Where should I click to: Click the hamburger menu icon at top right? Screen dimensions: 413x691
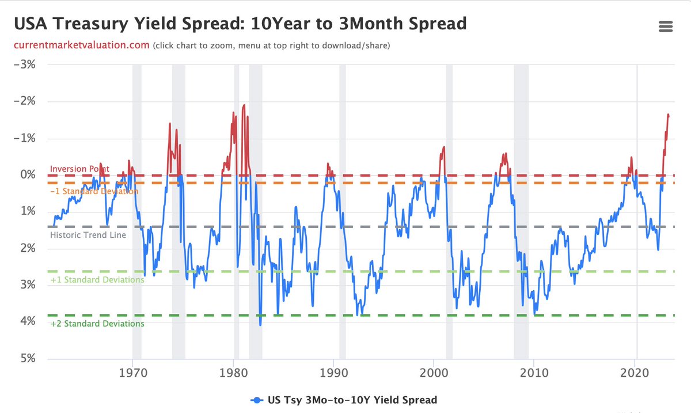[x=666, y=26]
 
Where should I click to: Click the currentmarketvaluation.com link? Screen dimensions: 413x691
[x=82, y=46]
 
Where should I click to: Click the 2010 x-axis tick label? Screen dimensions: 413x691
[x=534, y=373]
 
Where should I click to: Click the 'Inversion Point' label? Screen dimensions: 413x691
[x=79, y=169]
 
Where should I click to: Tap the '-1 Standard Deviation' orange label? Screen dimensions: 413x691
[x=94, y=191]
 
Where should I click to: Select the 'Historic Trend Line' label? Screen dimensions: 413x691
[x=88, y=235]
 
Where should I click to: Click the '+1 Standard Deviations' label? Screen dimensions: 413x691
[x=97, y=280]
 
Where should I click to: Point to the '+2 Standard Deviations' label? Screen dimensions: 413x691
[x=97, y=324]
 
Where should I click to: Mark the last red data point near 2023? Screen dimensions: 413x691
[x=669, y=116]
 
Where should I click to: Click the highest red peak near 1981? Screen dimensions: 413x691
[x=244, y=105]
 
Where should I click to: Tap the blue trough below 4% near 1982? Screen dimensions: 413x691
[x=260, y=325]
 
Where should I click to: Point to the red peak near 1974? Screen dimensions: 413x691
[x=170, y=123]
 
